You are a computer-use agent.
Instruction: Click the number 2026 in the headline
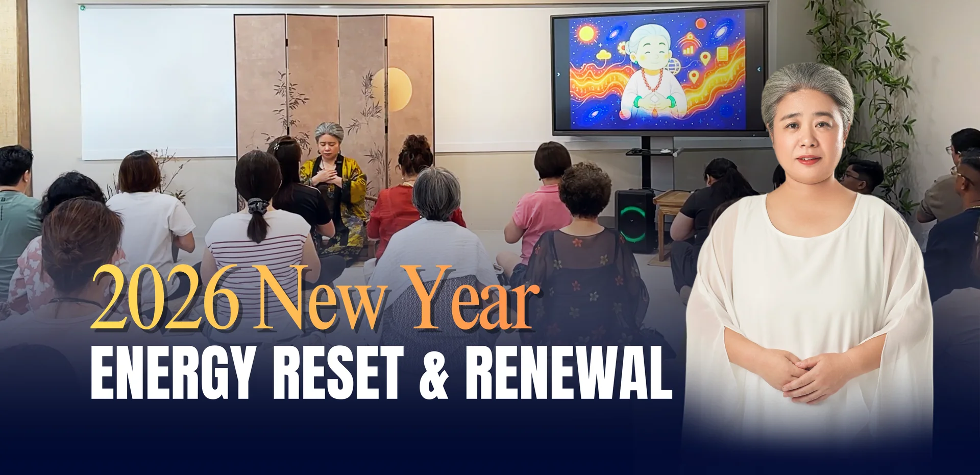[x=164, y=298]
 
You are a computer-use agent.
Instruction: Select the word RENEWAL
[x=568, y=372]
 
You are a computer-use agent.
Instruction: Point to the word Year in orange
[x=472, y=298]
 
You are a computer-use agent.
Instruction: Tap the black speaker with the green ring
[x=634, y=221]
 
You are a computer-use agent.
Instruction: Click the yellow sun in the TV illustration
[x=586, y=35]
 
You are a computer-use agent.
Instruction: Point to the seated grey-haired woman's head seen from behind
[x=436, y=193]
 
